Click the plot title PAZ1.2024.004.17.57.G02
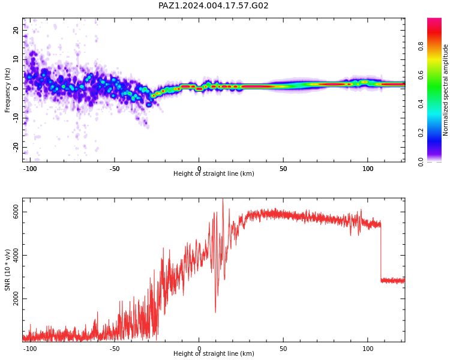(213, 5)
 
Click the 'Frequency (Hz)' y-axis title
(7, 90)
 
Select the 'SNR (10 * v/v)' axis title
(7, 270)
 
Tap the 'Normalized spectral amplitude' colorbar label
(445, 90)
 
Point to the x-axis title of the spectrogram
(214, 173)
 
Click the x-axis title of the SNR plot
(214, 353)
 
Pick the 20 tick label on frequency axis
(16, 30)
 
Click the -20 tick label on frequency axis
(16, 148)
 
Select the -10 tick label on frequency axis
(16, 118)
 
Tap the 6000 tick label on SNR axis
(16, 212)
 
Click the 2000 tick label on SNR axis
(16, 299)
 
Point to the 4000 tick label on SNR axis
(16, 255)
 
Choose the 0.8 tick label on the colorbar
(421, 46)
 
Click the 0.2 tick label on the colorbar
(421, 133)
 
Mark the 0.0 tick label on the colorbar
(421, 162)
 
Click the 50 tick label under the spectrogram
(283, 169)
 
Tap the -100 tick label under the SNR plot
(30, 349)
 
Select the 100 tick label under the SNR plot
(368, 349)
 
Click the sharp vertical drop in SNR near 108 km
(381, 253)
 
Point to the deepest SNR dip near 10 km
(215, 312)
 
